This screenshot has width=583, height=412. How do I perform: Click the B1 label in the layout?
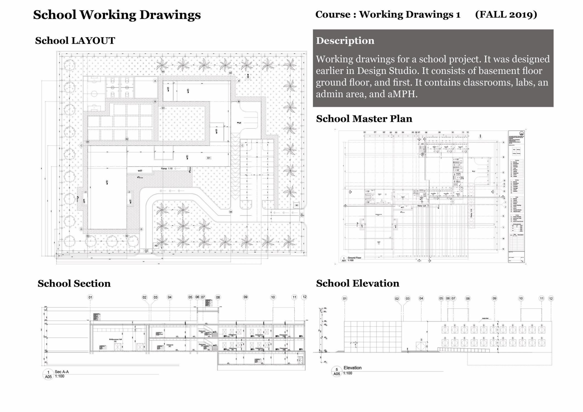coord(209,158)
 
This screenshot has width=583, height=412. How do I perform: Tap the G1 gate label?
coord(302,215)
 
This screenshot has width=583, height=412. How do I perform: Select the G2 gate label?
coord(146,251)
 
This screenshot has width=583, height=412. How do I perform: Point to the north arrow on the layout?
coord(248,76)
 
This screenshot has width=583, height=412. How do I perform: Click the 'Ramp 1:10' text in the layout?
coord(167,168)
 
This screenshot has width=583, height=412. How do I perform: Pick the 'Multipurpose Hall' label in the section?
coord(115,339)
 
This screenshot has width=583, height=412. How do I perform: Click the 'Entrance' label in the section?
coord(170,345)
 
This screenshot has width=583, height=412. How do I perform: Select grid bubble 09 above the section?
coord(245,297)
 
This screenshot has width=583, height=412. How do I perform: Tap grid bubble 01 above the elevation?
coord(345,298)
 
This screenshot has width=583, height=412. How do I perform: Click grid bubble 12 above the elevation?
coord(551,298)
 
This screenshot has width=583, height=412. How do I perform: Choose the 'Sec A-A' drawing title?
coord(62,372)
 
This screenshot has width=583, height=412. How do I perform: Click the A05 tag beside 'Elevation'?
coord(336,374)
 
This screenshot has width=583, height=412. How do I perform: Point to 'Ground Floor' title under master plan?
coord(354,258)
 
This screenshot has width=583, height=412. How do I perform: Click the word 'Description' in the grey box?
coord(345,41)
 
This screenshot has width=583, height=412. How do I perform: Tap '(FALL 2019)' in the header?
coord(506,14)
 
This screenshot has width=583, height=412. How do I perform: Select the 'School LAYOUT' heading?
coord(75,41)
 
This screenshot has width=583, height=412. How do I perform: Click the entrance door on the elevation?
coord(421,346)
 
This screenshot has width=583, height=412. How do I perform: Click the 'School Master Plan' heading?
coord(364,119)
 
